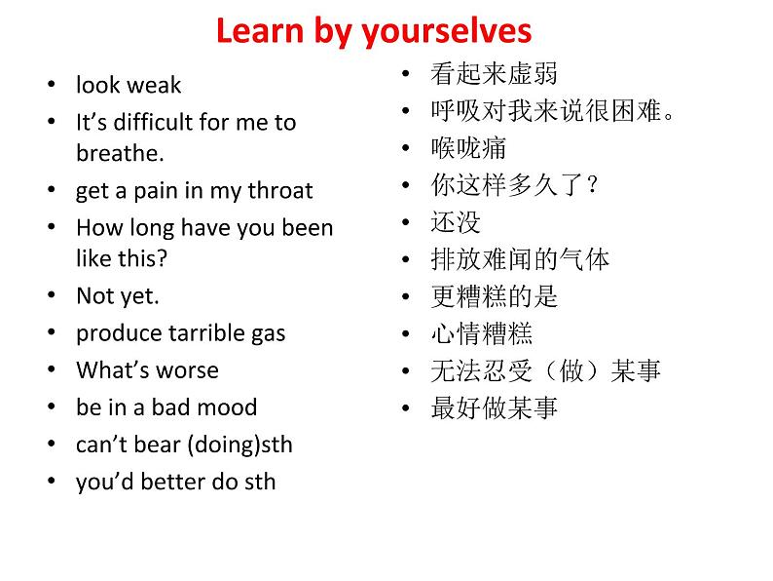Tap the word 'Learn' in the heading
coord(259,30)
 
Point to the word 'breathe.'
coord(120,153)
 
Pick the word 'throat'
coord(280,190)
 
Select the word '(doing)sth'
coord(240,445)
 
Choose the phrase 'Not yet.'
coord(118,296)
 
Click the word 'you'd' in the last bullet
coord(104,482)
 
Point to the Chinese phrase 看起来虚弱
coord(494,73)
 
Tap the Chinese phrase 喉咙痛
coord(468,148)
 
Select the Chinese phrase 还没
coord(456,222)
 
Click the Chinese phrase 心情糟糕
coord(482,333)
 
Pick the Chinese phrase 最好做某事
coord(494,407)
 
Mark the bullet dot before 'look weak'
coord(52,85)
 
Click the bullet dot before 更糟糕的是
coord(406,296)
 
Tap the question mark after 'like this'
coord(163,258)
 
